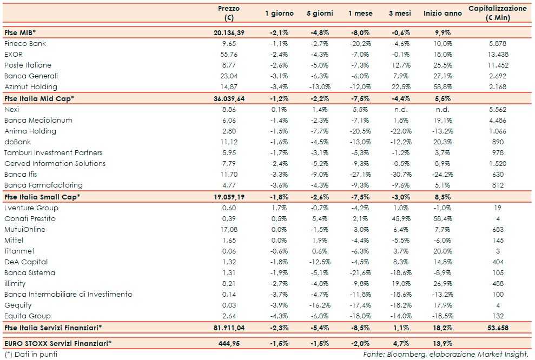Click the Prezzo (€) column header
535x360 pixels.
click(229, 13)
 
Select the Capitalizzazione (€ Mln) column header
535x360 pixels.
click(497, 13)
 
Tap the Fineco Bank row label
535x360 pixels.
click(25, 44)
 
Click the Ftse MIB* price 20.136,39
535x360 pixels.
click(229, 33)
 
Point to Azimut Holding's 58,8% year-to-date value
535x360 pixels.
click(442, 87)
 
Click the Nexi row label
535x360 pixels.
click(11, 109)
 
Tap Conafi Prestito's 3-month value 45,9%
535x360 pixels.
click(400, 218)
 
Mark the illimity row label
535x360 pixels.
click(15, 283)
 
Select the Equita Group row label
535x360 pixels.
click(27, 316)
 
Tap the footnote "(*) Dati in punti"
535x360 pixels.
click(31, 354)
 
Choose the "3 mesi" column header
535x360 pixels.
click(400, 13)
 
